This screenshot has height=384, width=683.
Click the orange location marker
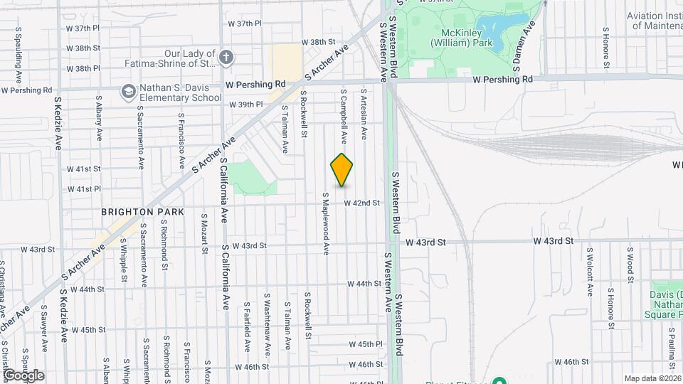342,170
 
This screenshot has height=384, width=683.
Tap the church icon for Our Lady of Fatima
226,58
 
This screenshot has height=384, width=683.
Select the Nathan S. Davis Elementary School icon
128,92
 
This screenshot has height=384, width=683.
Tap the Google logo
23,375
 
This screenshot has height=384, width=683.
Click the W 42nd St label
362,203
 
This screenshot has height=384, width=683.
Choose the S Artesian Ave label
364,114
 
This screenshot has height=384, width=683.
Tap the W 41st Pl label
84,189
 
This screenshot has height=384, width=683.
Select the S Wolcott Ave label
590,271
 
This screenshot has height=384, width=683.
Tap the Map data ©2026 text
653,378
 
